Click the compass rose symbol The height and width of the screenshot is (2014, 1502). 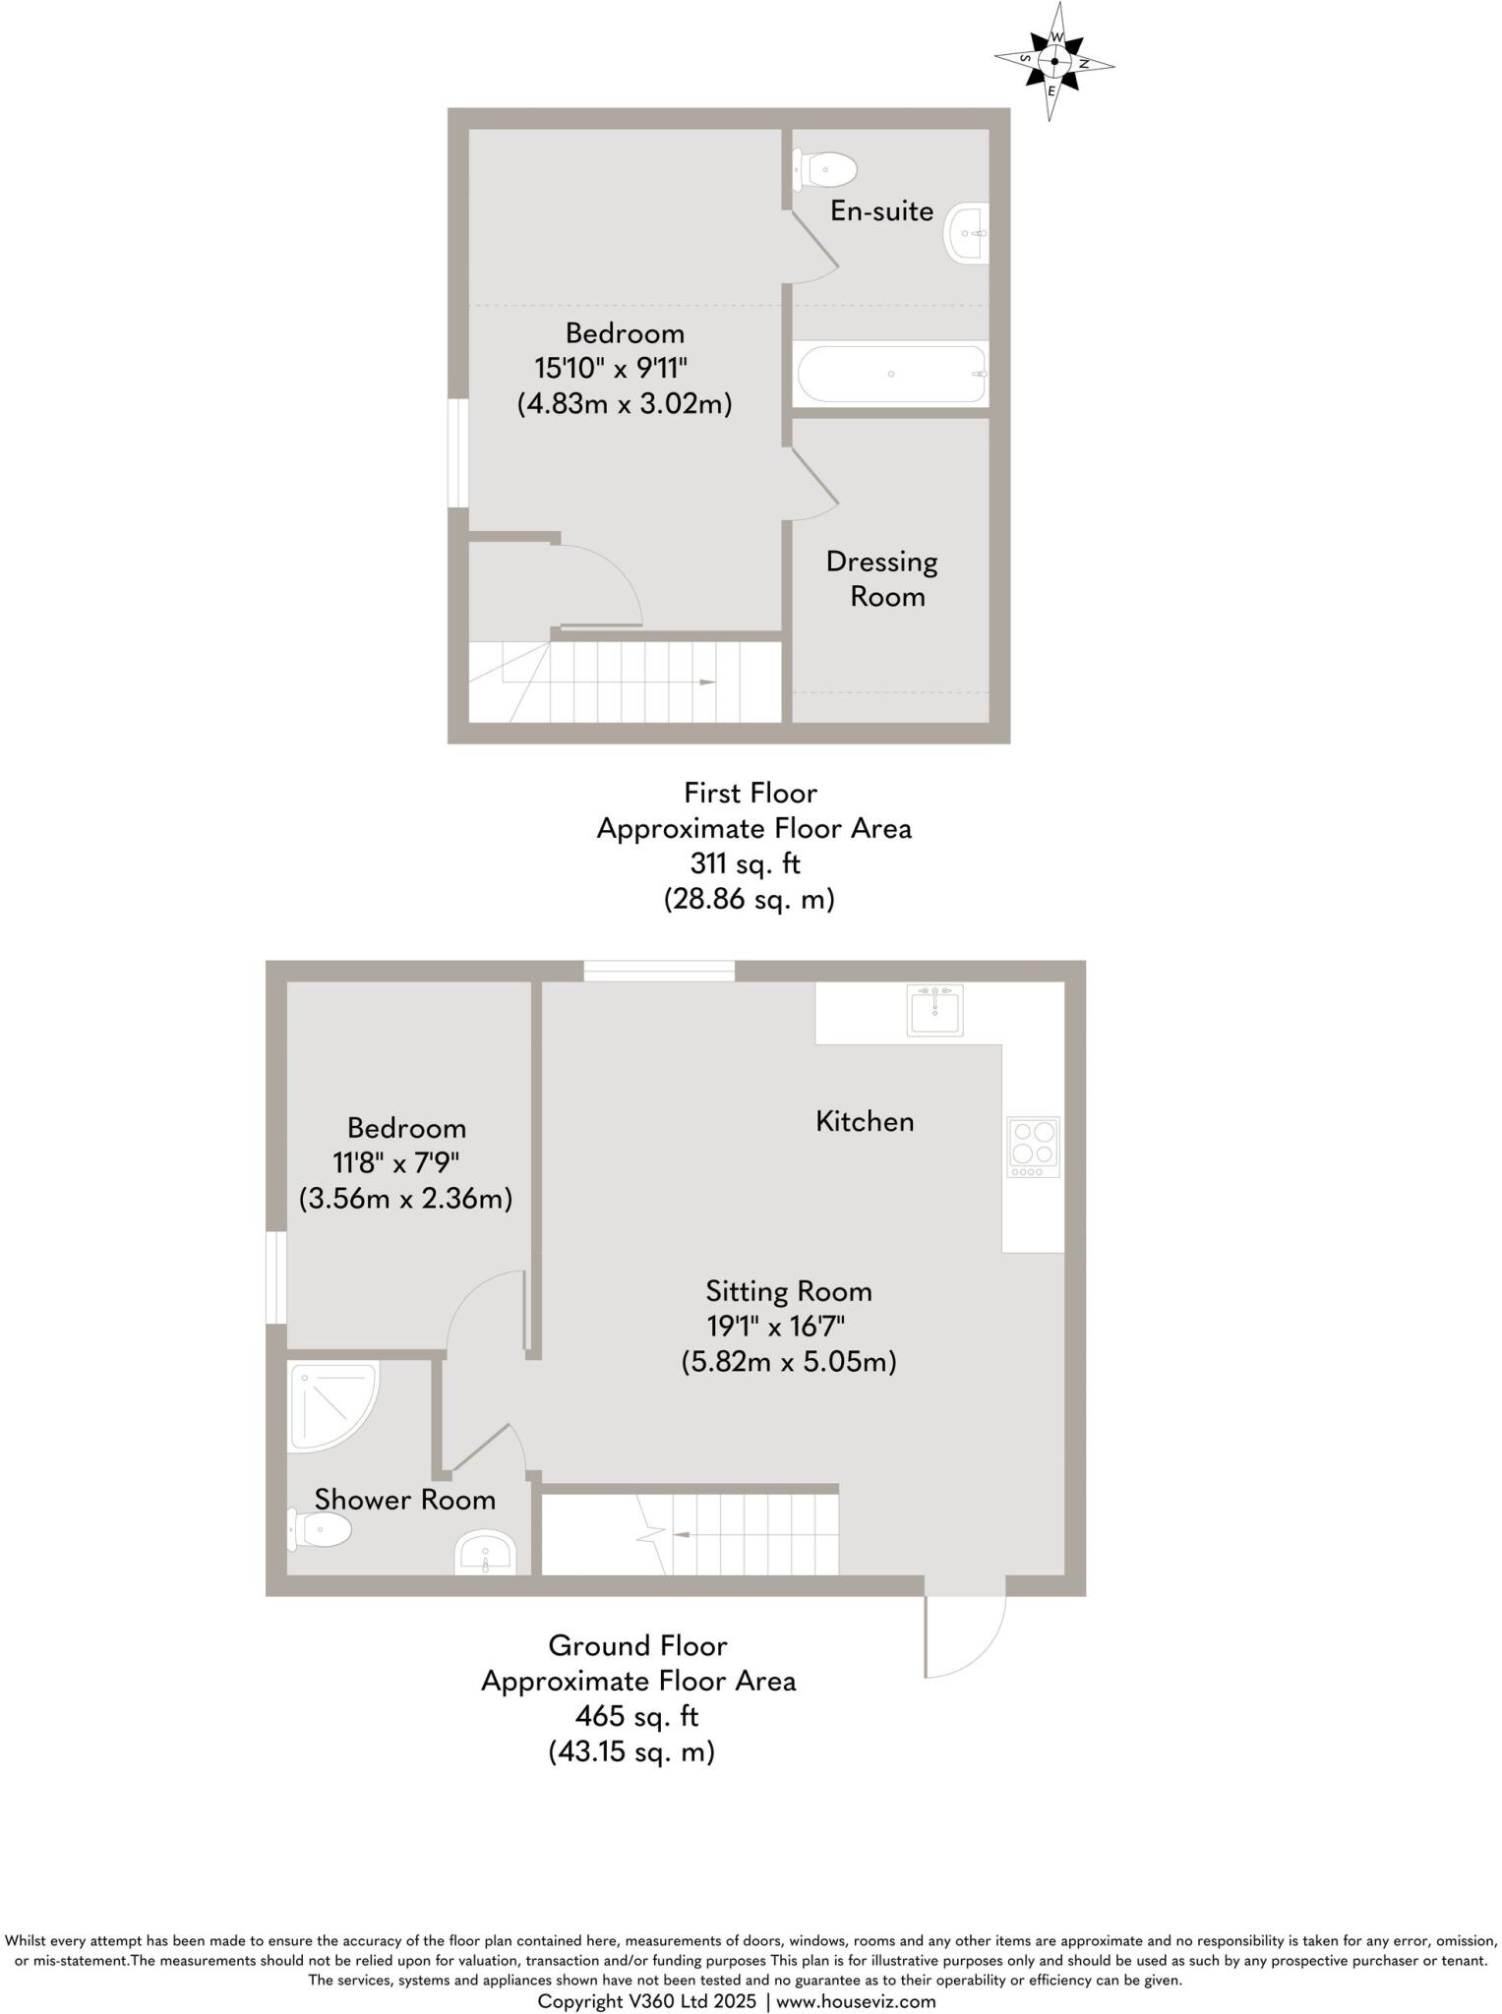point(1053,61)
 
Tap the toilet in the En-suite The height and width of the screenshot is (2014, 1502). point(824,169)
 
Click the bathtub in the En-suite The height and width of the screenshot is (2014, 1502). point(891,374)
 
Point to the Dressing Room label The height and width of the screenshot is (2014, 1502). point(882,579)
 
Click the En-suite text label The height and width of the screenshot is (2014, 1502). point(881,210)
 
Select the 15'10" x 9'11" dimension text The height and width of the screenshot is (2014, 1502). point(611,369)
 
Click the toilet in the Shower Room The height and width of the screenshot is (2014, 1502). point(321,1530)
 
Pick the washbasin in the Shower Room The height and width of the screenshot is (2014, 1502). point(485,1553)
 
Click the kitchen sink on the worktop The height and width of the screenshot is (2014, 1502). point(935,1010)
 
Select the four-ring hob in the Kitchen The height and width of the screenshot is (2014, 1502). point(1033,1147)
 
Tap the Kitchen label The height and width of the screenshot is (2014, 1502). point(865,1121)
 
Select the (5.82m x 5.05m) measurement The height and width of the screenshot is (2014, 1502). point(789,1362)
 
